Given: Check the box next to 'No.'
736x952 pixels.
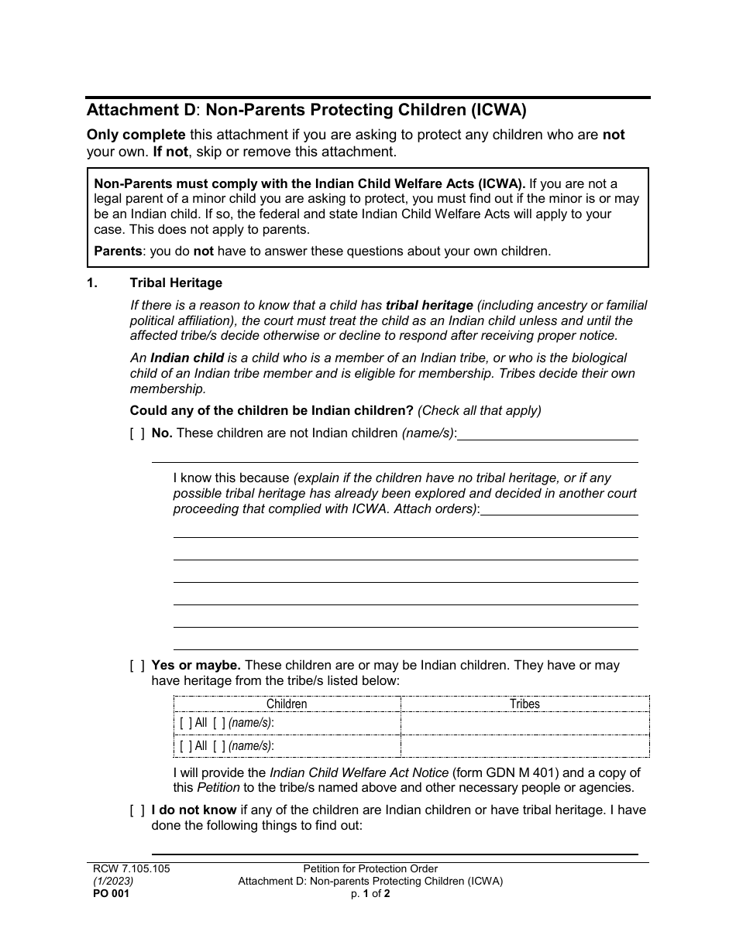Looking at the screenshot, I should pos(137,433).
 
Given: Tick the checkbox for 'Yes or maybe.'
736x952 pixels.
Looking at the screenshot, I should pos(137,666).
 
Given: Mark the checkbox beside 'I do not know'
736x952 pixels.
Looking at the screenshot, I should pos(137,810).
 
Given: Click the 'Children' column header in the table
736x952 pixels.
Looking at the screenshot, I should pos(287,704).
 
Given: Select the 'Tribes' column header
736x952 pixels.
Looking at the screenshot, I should pos(524,704).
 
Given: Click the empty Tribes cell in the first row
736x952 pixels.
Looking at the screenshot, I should pos(524,724).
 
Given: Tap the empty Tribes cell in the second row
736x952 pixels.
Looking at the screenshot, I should pos(524,746).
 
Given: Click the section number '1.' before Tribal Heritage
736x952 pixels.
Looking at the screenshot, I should pos(92,283).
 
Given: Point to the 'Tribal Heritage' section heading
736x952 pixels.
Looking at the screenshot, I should pos(176,283).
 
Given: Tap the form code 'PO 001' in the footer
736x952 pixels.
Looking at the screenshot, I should pos(108,893).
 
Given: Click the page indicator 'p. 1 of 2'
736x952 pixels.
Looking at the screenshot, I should pos(370,893).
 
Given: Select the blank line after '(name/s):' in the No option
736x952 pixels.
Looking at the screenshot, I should pos(548,433).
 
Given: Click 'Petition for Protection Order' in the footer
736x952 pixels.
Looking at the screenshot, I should pos(370,868).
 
